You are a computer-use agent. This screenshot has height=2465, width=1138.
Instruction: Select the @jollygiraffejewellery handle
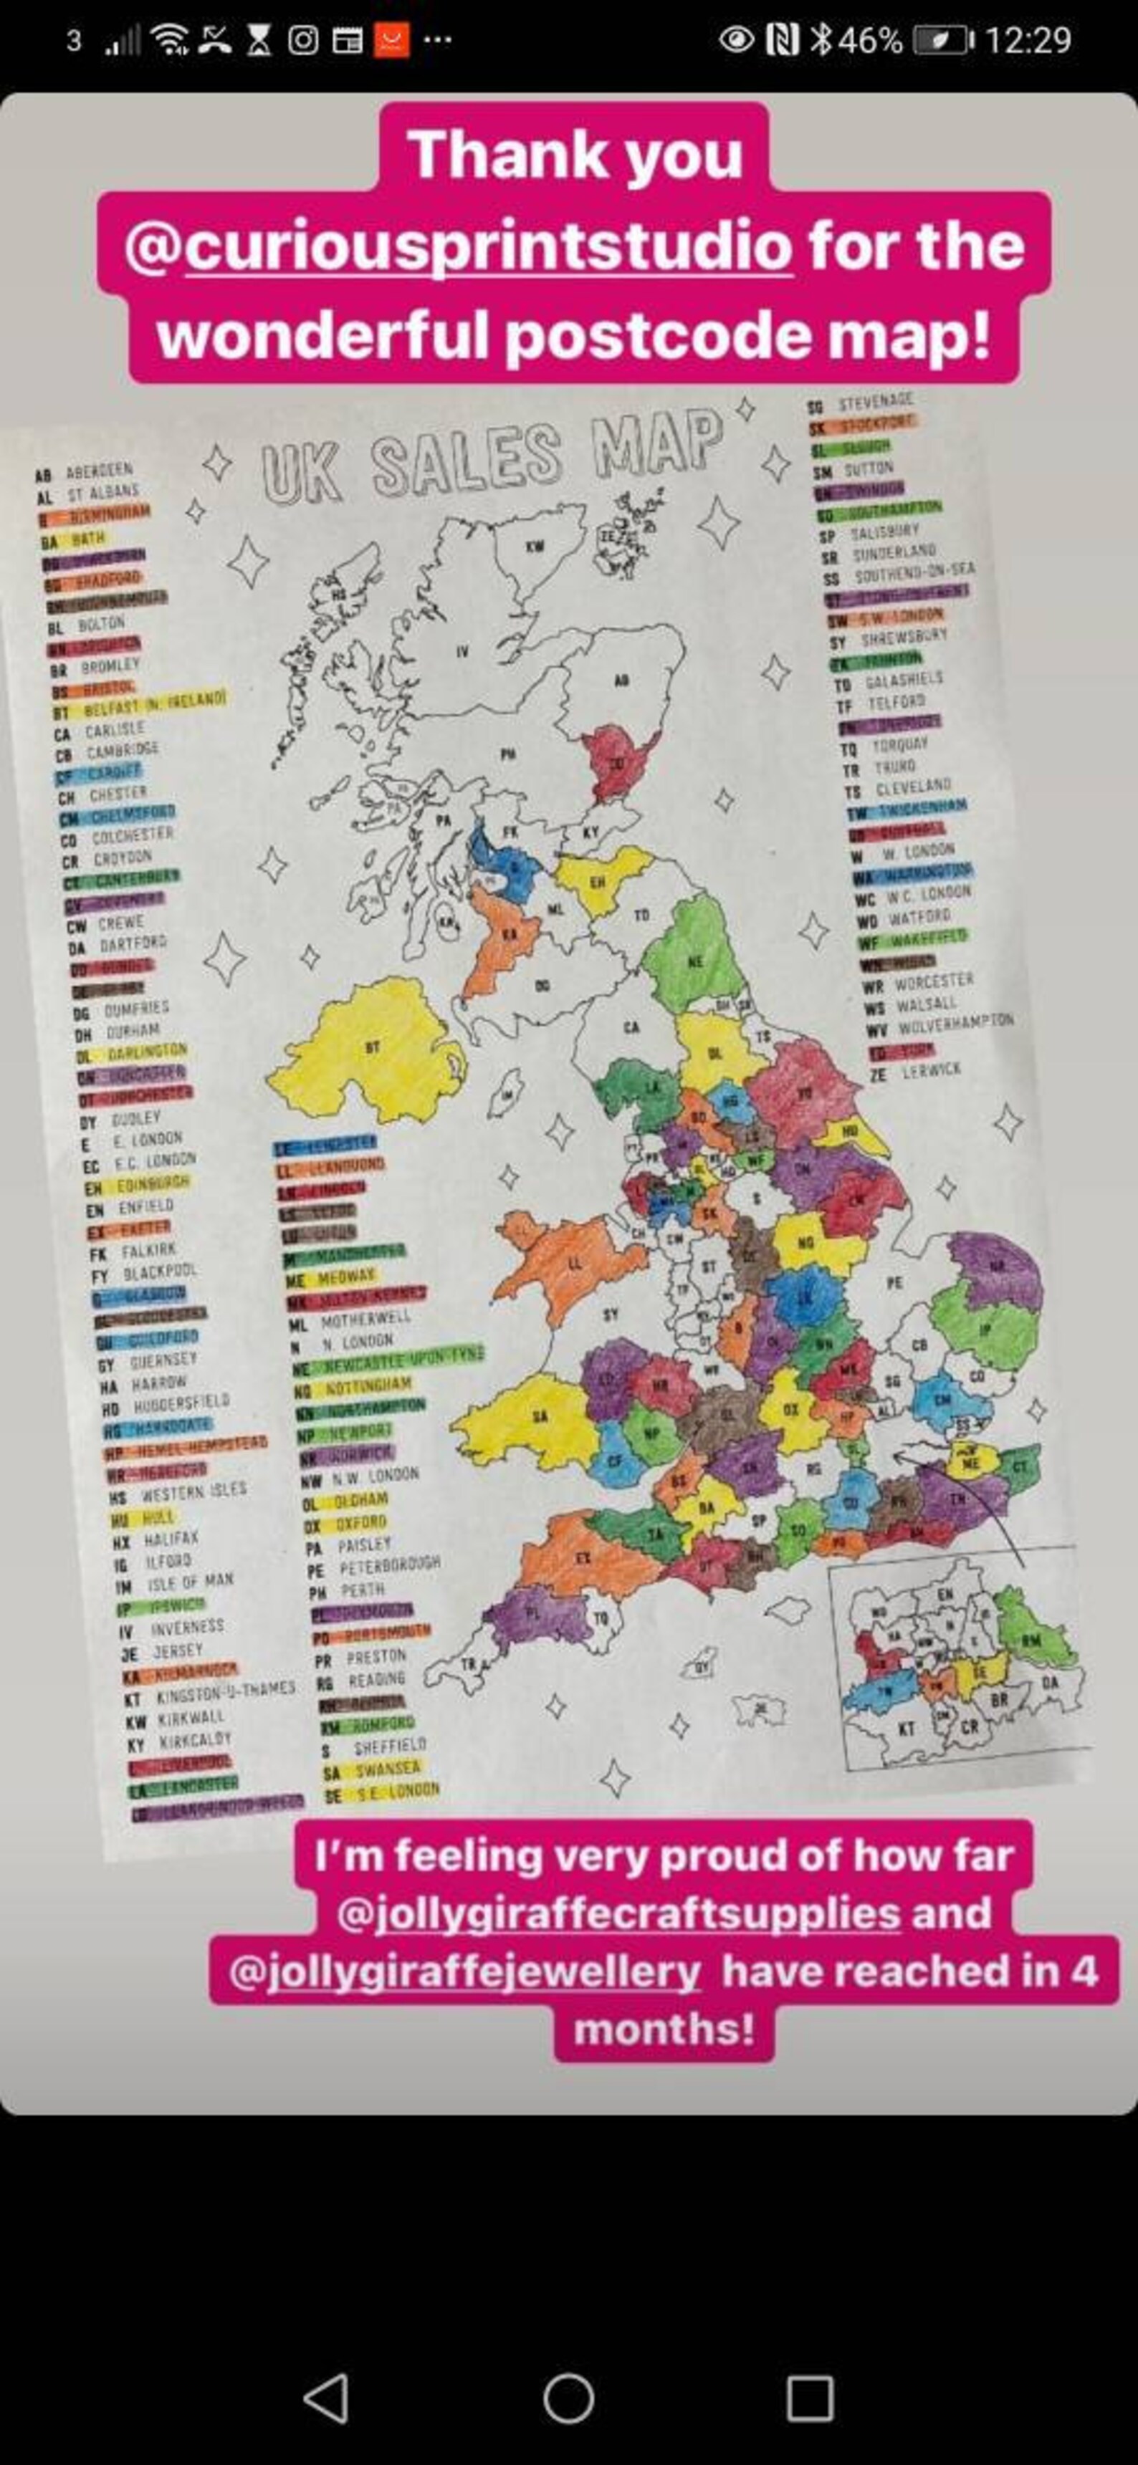pyautogui.click(x=465, y=1971)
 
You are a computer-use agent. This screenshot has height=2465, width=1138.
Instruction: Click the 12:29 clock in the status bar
pyautogui.click(x=1027, y=40)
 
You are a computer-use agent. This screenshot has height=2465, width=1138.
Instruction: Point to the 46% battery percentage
pyautogui.click(x=869, y=40)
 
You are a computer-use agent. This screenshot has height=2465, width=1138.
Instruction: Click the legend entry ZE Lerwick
pyautogui.click(x=915, y=1072)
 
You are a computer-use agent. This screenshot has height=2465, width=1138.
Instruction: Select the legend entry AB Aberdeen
pyautogui.click(x=85, y=473)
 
